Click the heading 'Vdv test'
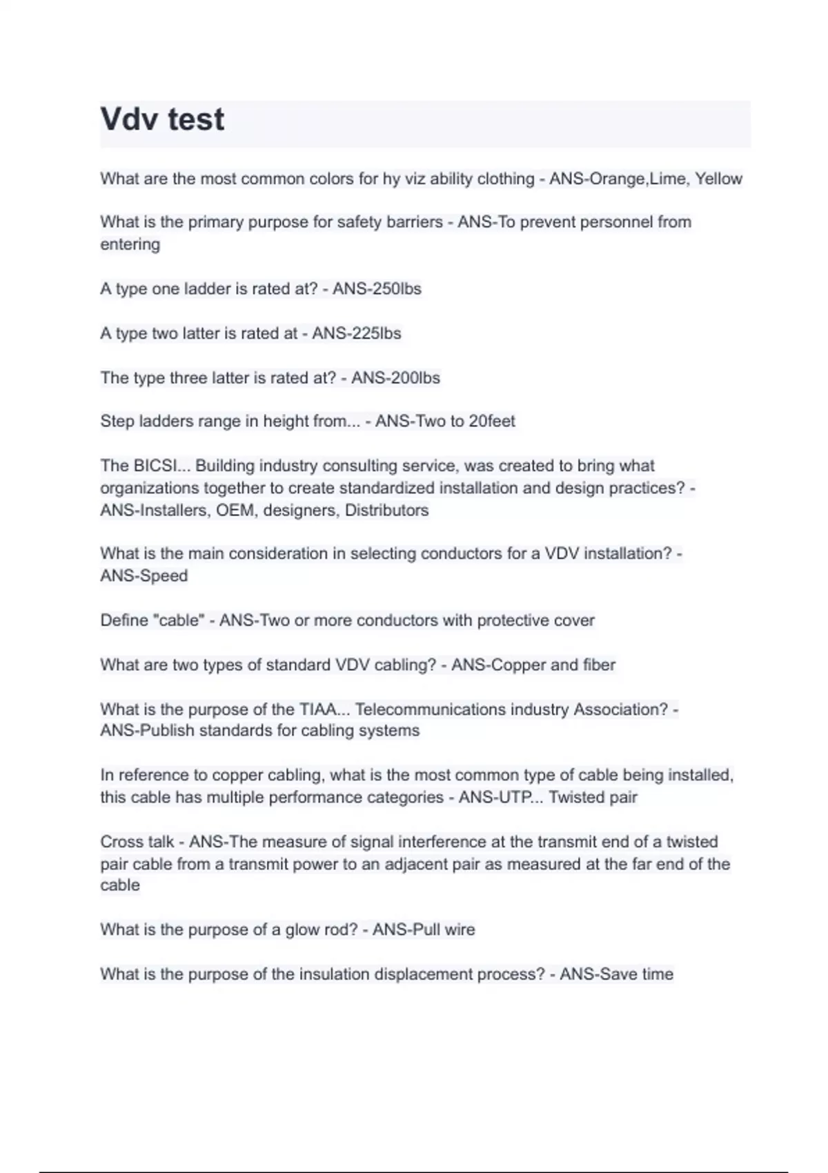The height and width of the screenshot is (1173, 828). (162, 119)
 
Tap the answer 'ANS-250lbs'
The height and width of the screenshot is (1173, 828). (377, 288)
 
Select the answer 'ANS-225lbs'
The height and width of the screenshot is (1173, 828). (356, 333)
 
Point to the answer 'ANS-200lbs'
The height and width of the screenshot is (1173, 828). (395, 378)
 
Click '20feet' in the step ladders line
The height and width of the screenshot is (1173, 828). (491, 421)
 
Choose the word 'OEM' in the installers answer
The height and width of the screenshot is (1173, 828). (235, 511)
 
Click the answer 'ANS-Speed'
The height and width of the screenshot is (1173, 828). (144, 576)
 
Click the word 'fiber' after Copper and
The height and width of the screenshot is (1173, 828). (599, 665)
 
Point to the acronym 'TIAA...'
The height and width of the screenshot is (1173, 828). (324, 709)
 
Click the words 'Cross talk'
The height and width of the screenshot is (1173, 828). (137, 842)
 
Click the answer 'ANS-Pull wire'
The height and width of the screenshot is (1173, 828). (424, 930)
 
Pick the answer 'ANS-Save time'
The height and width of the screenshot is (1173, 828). (616, 974)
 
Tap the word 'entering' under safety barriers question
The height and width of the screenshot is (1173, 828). (130, 244)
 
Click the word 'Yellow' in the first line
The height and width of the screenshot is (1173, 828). (718, 179)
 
